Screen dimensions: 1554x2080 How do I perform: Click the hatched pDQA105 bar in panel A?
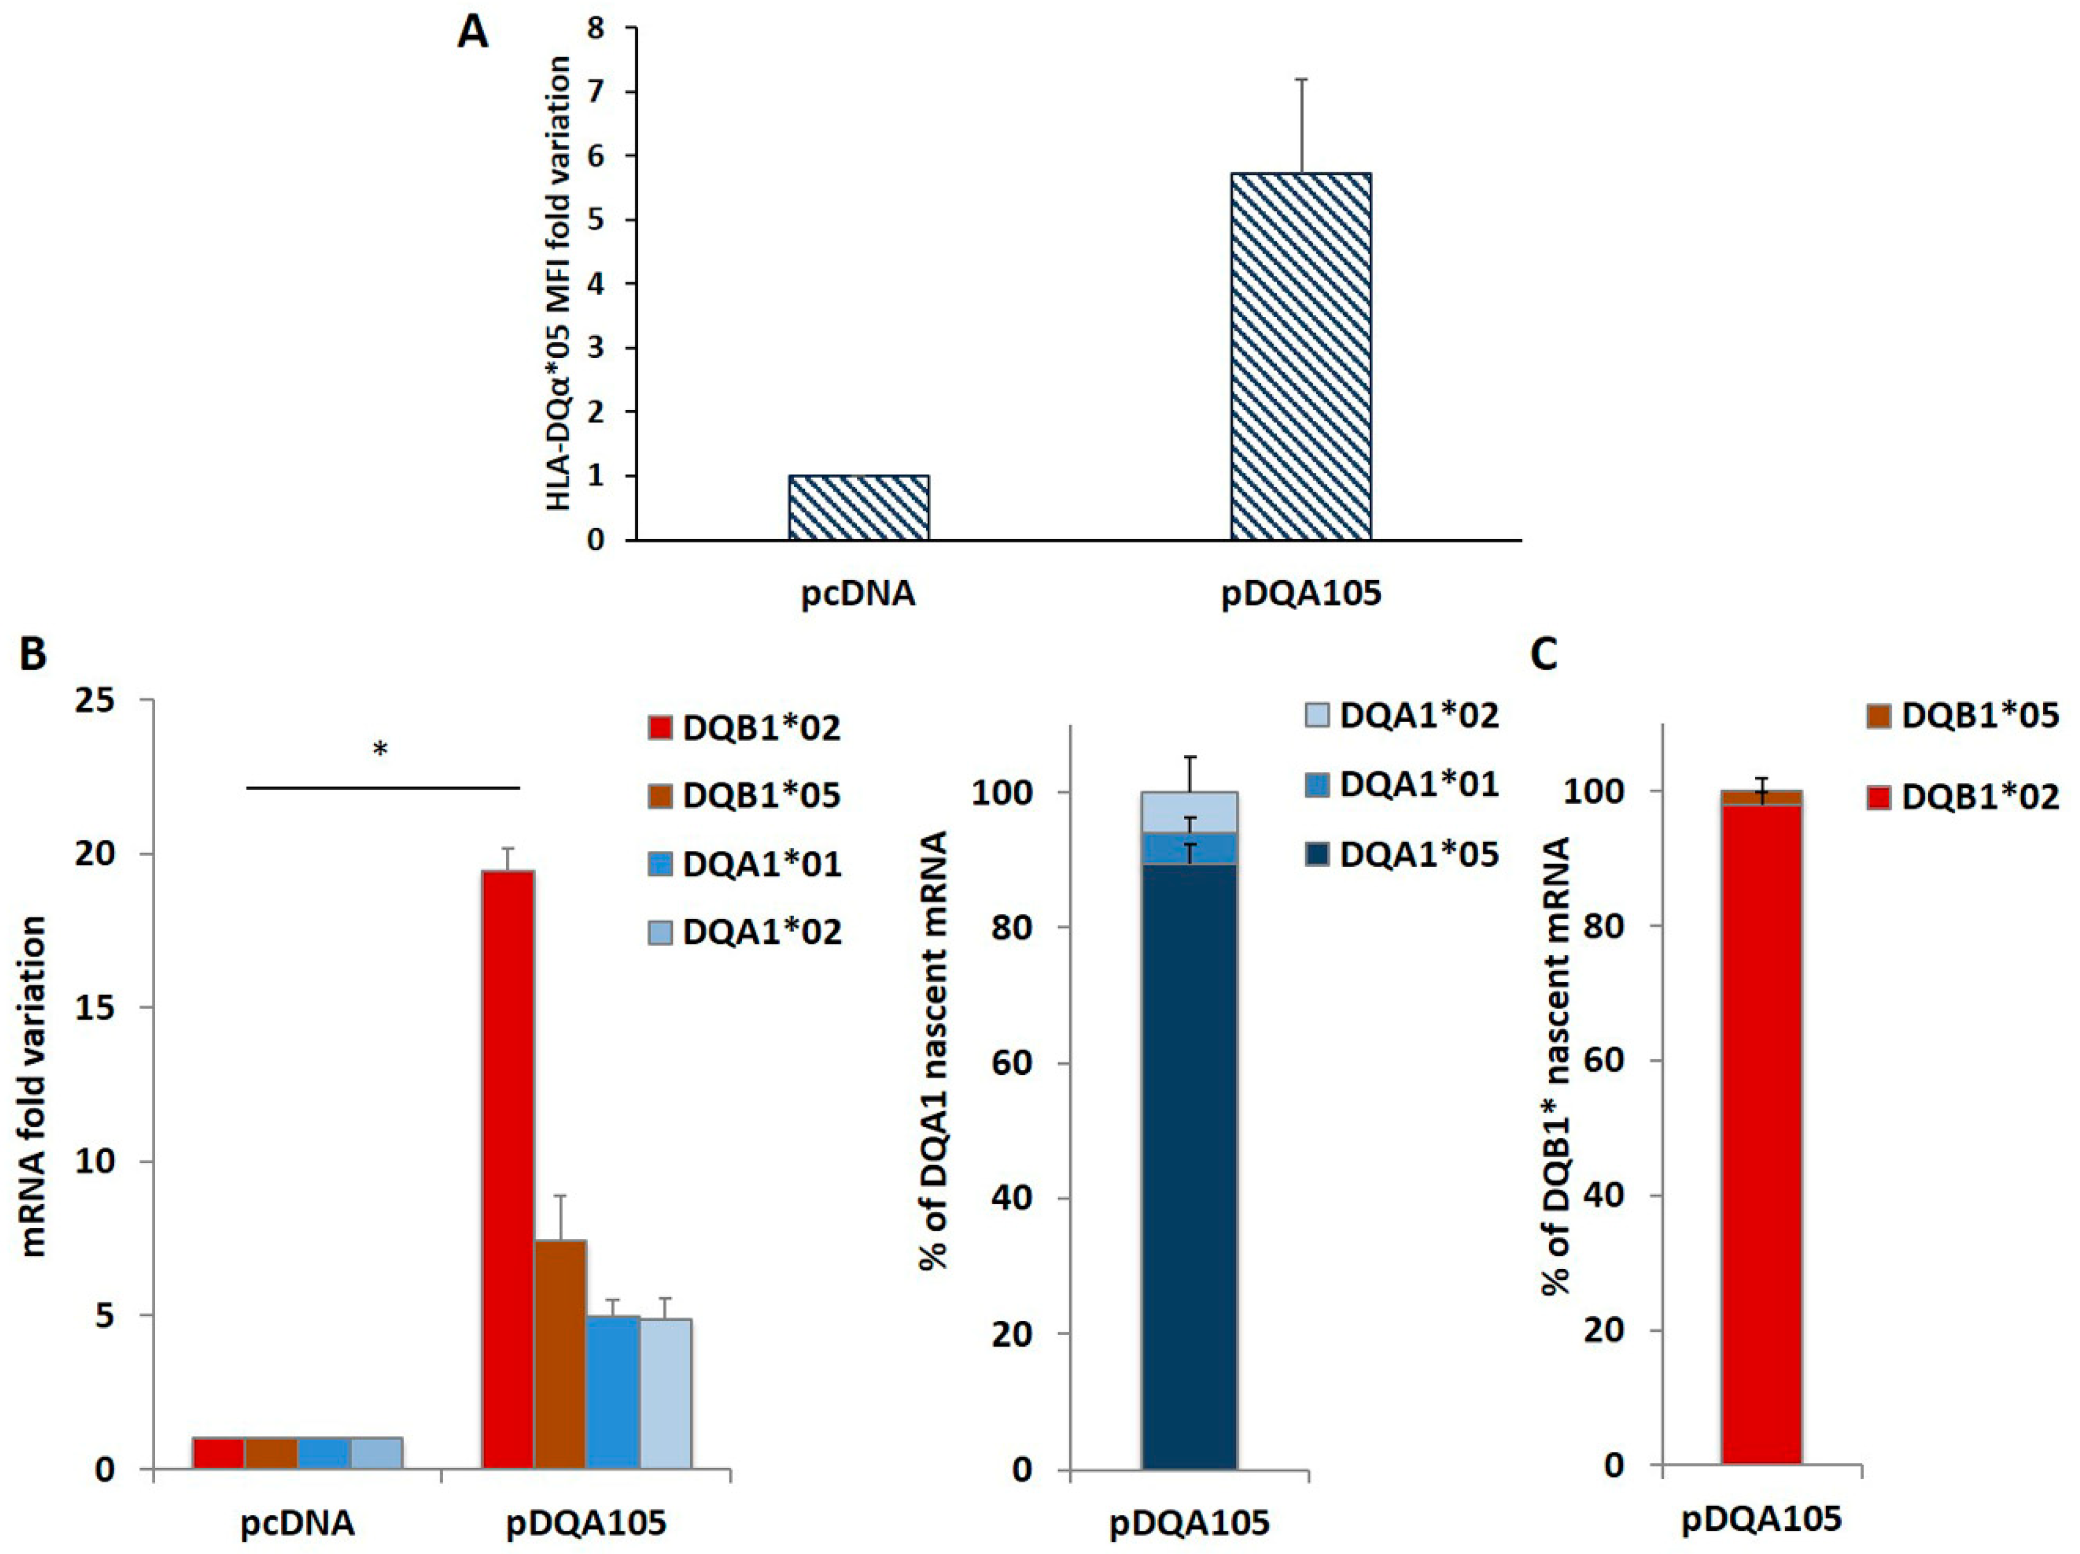click(x=1301, y=357)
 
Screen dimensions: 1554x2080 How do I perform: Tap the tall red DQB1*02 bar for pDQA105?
click(x=508, y=1167)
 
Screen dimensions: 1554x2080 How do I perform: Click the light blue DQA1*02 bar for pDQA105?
click(x=666, y=1392)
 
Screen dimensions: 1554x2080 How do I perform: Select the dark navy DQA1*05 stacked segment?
click(x=1189, y=1167)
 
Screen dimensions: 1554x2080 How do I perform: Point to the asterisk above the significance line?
click(x=380, y=750)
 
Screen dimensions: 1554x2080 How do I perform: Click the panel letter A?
click(x=472, y=35)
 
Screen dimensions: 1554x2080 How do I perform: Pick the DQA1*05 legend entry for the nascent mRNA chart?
click(x=1401, y=855)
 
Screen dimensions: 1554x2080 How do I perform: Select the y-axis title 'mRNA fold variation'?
click(x=34, y=1086)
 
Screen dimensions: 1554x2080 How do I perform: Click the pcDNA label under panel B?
click(x=297, y=1523)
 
